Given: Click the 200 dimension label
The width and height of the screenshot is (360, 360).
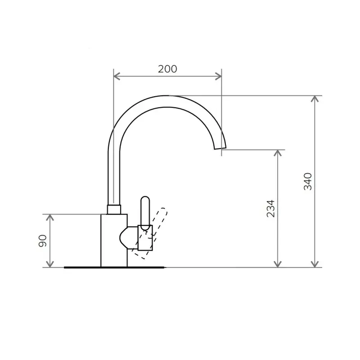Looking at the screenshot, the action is tap(167, 69).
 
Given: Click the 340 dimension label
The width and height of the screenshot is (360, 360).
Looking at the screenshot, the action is tap(308, 181).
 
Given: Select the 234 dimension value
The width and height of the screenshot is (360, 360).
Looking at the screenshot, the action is tap(271, 208).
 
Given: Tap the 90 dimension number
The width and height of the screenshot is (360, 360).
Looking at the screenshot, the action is tap(42, 241).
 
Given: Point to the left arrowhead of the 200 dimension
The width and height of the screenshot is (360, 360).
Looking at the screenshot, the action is tap(117, 76).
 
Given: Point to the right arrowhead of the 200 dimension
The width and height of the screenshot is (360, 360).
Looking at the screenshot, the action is tap(218, 76).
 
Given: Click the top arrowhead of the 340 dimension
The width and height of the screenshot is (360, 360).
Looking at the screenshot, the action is tap(315, 99).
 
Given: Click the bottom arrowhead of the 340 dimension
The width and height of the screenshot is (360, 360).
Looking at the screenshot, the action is tap(315, 264).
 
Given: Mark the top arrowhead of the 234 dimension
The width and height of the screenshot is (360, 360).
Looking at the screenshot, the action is tap(278, 153).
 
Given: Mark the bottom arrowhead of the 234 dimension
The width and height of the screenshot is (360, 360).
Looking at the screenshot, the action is tap(278, 264).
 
